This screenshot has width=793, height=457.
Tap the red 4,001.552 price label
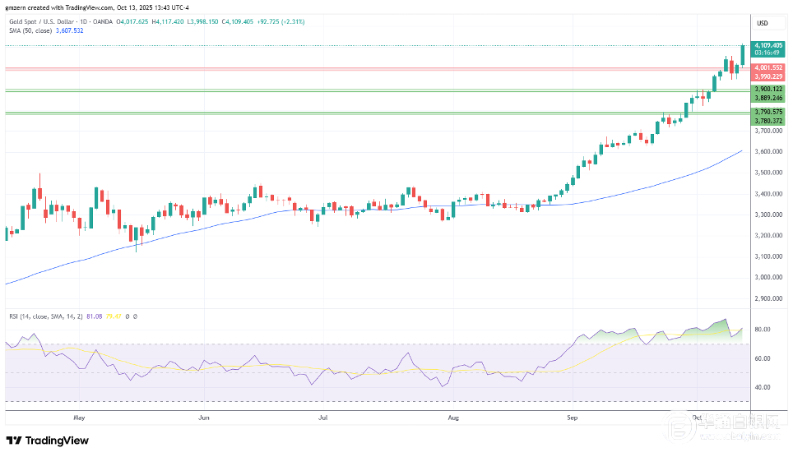pos(768,67)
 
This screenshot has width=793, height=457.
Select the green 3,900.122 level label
pos(768,89)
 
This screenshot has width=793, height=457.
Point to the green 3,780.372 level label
pos(768,121)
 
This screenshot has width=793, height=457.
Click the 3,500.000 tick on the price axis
pos(767,173)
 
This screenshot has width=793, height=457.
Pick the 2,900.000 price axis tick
pos(767,299)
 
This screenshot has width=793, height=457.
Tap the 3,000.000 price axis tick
pos(767,278)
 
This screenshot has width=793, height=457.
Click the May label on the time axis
pos(79,418)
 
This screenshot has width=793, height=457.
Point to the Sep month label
pos(573,418)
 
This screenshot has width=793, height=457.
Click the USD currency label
pos(762,22)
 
